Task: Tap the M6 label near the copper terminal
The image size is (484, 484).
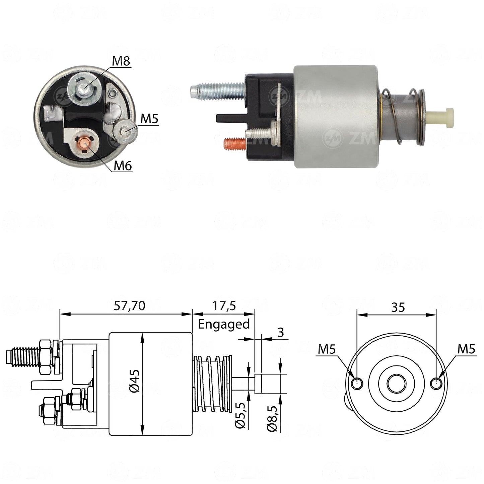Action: (x=123, y=166)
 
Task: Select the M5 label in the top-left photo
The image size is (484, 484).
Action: (x=149, y=119)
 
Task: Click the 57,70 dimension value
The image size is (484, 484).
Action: (x=130, y=306)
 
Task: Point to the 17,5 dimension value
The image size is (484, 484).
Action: (x=224, y=306)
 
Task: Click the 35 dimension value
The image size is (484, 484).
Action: (x=398, y=307)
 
